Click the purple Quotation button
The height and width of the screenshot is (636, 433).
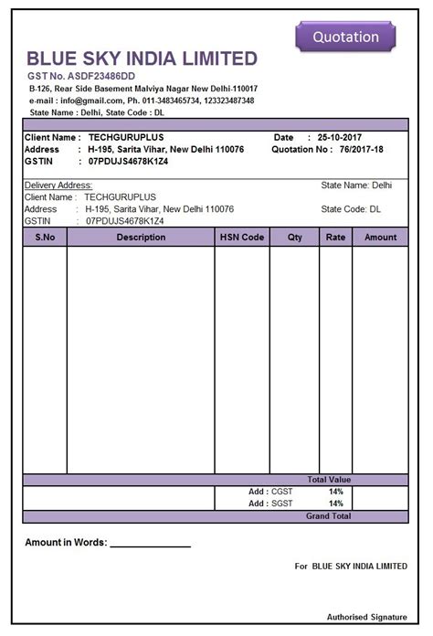[x=345, y=37]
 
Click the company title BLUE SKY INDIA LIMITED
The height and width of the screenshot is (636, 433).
[x=143, y=58]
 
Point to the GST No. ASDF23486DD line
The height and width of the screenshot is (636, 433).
[x=81, y=75]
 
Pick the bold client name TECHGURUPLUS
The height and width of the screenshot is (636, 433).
[x=126, y=137]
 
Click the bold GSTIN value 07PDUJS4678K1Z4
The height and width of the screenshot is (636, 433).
[x=128, y=161]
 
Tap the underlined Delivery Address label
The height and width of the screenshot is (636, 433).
[x=58, y=185]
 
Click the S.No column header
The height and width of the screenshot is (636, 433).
[x=45, y=238]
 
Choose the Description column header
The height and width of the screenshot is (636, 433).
[x=141, y=238]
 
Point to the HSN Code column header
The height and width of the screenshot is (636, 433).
[x=242, y=238]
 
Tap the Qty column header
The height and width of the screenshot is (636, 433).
[x=294, y=238]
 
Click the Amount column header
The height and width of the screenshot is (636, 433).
[x=380, y=238]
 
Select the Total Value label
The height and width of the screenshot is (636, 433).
[x=329, y=480]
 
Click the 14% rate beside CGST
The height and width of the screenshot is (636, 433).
[x=335, y=492]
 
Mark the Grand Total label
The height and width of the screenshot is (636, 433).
[x=328, y=516]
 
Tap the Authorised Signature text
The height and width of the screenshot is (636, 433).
[x=366, y=617]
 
